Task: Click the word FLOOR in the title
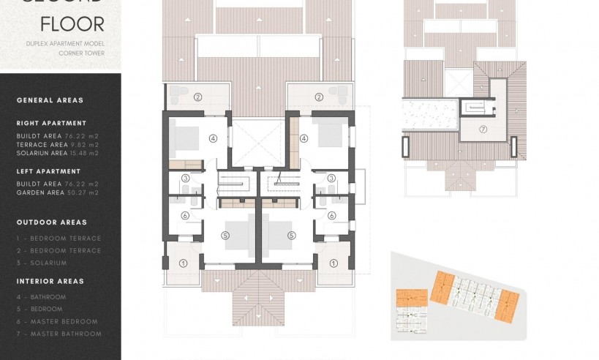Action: point(72,24)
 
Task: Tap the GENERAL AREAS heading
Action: point(50,100)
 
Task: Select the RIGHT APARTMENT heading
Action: point(51,123)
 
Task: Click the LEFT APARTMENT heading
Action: point(48,171)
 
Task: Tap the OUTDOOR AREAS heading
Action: point(51,222)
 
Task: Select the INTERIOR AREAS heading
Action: point(50,281)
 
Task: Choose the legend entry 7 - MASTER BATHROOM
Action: point(59,334)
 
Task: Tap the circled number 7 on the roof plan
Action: point(483,129)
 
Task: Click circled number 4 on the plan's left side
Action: point(213,137)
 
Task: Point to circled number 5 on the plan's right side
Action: point(291,235)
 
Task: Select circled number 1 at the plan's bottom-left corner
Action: point(184,263)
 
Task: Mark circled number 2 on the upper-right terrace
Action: point(319,97)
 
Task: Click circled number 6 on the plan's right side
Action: point(331,215)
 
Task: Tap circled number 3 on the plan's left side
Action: point(186,178)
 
